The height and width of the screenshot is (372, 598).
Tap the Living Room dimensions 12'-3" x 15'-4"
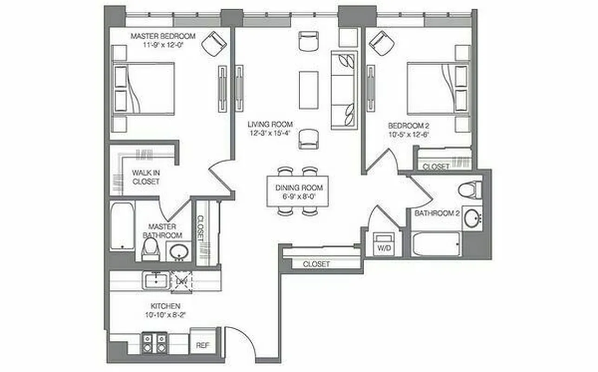270,133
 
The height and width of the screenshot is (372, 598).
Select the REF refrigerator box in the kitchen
203,345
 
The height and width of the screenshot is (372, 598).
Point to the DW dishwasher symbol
181,282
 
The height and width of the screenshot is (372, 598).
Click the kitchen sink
155,281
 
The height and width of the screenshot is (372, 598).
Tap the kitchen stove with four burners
154,343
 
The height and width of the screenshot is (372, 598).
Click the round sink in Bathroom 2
472,218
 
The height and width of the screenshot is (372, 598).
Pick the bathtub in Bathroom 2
435,244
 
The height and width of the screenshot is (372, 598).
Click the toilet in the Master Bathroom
150,249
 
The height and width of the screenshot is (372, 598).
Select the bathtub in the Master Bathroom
122,226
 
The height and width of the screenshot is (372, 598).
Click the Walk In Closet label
146,177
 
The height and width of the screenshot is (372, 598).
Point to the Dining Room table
298,191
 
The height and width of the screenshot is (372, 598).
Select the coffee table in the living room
309,90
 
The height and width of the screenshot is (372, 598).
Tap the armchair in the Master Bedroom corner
214,43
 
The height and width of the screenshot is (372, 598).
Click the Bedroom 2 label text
406,126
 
